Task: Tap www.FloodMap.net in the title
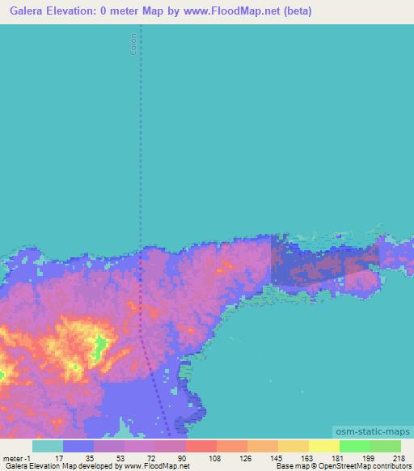[224, 11]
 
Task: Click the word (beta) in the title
[294, 11]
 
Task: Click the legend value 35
[90, 458]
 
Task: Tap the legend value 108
[214, 458]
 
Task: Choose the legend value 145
[277, 458]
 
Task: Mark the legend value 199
[369, 458]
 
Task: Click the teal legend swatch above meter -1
[47, 446]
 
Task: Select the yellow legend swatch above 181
[323, 446]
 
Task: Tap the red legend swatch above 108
[201, 446]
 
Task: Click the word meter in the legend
[12, 458]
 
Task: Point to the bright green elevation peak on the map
[100, 348]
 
